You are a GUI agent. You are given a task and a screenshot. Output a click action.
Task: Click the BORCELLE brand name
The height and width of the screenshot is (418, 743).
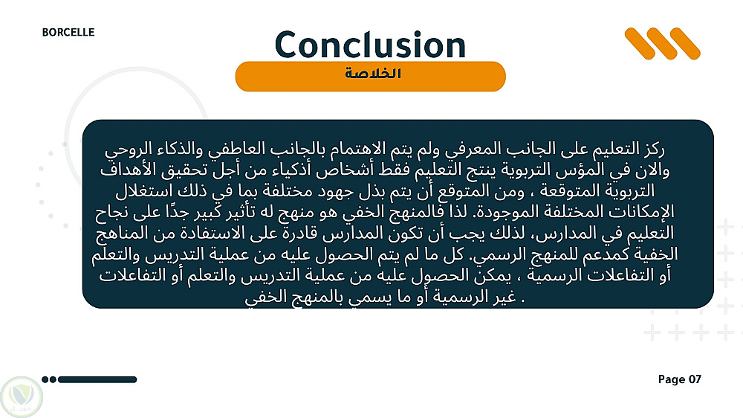[x=68, y=32]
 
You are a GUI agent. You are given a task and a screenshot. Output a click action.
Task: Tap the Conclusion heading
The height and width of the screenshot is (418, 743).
[x=370, y=45]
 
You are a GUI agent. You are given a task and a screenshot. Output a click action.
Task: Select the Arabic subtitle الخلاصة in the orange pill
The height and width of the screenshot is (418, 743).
[x=373, y=74]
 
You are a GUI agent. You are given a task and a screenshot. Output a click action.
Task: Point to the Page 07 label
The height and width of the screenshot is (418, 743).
[x=679, y=379]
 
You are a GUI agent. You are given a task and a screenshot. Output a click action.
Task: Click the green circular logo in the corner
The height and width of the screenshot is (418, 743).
[x=22, y=396]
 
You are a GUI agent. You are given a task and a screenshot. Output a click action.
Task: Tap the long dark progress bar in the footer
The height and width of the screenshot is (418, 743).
[x=97, y=379]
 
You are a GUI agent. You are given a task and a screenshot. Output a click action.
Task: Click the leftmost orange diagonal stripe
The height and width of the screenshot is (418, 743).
[x=639, y=44]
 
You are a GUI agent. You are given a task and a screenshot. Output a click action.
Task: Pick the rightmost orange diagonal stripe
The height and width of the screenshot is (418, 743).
[x=685, y=44]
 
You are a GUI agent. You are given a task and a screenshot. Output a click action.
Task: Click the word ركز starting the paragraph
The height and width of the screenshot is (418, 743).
[x=653, y=149]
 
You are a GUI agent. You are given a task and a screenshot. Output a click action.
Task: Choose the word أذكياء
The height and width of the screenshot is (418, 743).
[x=289, y=170]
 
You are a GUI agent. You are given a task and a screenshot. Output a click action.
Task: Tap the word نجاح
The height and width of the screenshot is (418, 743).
[x=112, y=213]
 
